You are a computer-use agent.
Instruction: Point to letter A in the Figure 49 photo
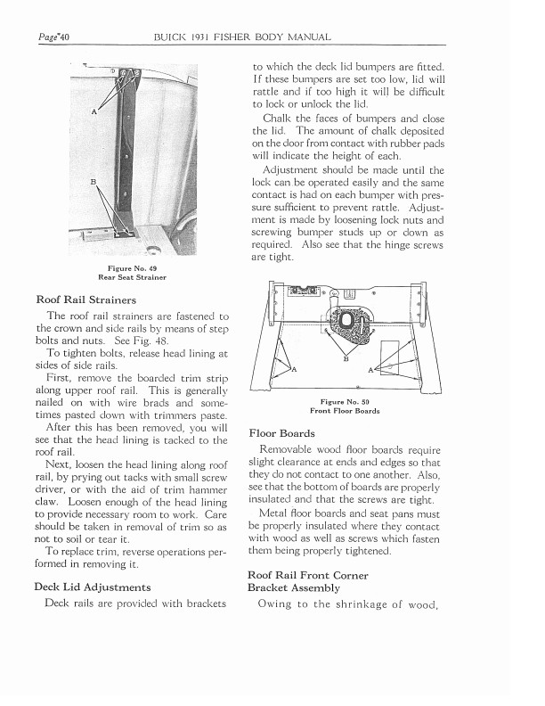(x=94, y=112)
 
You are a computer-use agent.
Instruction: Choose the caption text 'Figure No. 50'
(x=345, y=402)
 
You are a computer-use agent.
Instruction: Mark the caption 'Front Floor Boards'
(x=345, y=411)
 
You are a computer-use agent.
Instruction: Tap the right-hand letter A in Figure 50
(x=370, y=369)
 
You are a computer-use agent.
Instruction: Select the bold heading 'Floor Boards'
(x=283, y=432)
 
